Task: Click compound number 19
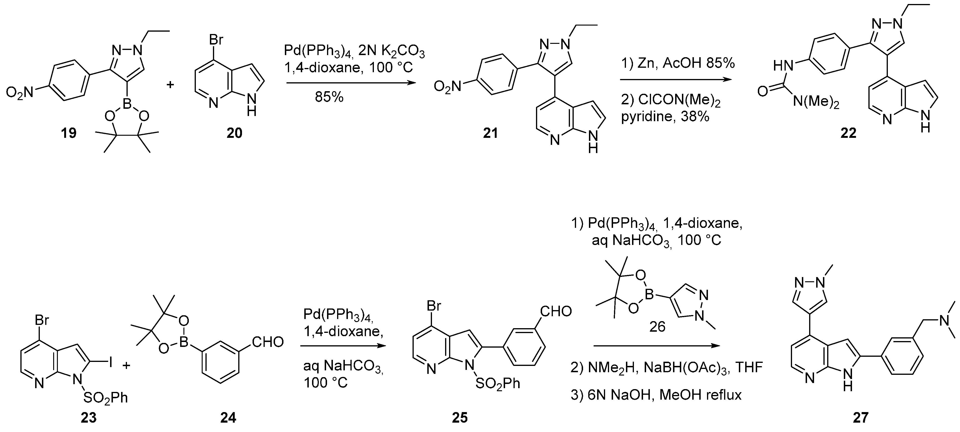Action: coord(69,133)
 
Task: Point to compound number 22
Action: coord(848,133)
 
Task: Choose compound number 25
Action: coord(460,417)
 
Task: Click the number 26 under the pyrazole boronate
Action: coord(657,327)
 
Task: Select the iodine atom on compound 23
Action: coord(110,363)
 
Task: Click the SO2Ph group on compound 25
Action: coord(498,383)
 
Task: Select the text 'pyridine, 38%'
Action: coord(665,117)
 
